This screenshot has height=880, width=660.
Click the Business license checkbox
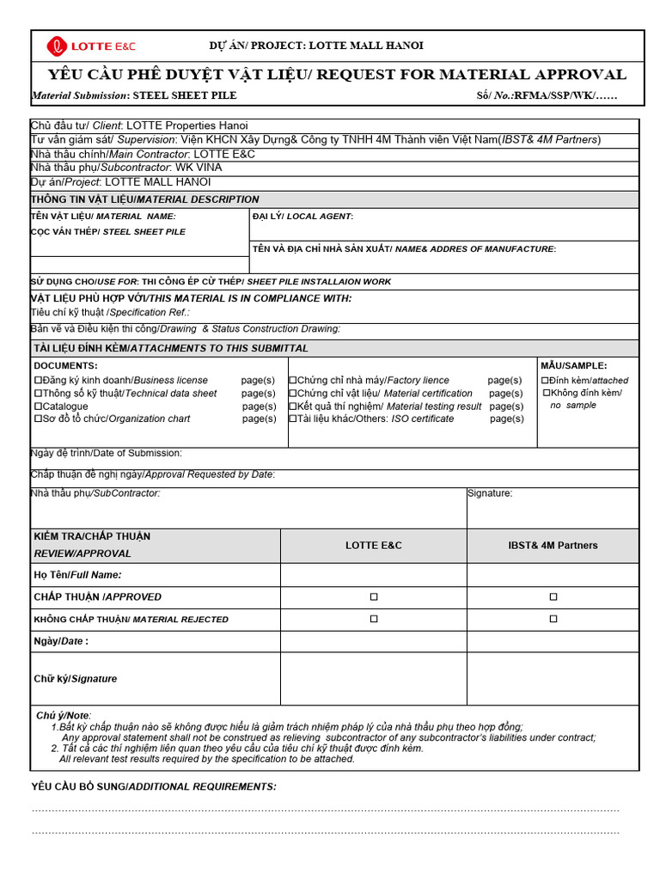[38, 380]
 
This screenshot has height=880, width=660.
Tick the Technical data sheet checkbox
[38, 393]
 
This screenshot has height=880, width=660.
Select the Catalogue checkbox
[38, 406]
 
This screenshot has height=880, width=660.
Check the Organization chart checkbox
[38, 419]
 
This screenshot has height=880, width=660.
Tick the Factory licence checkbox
[293, 380]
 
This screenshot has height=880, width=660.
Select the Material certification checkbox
[293, 393]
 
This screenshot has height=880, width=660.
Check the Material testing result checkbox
[293, 406]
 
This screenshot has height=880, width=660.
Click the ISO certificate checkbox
[293, 419]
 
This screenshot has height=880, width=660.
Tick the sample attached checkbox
[545, 380]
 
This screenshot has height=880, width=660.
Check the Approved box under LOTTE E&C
[374, 596]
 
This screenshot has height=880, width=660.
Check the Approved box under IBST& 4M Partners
[553, 596]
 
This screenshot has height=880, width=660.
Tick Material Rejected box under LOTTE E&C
[374, 619]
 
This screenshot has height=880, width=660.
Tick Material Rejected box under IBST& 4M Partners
[553, 619]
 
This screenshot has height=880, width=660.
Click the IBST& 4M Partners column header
[553, 546]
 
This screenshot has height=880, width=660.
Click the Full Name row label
[77, 574]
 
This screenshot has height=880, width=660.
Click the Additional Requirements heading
[154, 786]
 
